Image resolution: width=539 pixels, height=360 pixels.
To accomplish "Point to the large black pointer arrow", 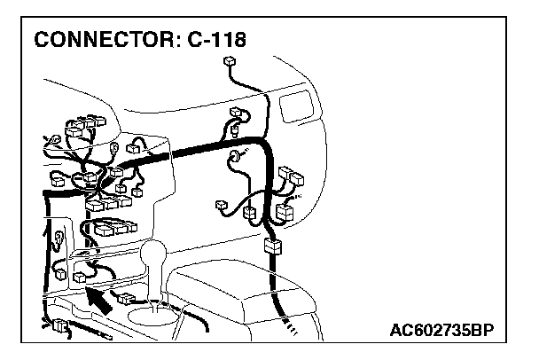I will [101, 301].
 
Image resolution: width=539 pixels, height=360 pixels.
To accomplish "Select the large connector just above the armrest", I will [273, 247].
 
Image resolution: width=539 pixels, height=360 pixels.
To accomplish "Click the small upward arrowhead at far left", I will [47, 232].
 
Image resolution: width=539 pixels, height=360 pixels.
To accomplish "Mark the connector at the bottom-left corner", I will [59, 325].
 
